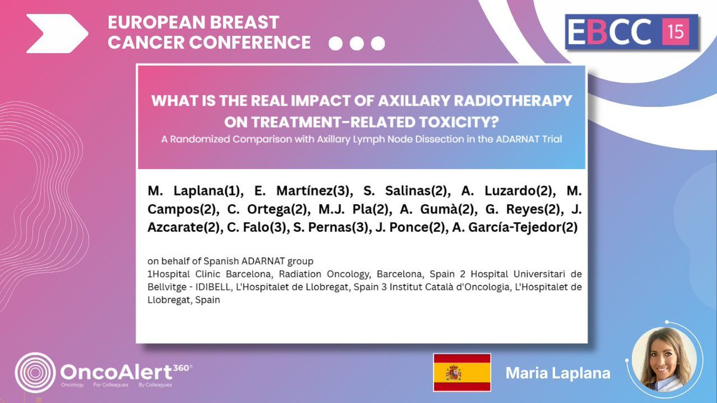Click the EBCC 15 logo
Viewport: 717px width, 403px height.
click(632, 32)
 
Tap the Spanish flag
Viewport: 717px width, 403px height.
click(461, 373)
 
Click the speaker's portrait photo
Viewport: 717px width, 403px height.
click(664, 359)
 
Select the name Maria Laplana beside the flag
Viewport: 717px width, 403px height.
click(557, 373)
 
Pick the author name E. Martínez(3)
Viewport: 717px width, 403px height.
click(253, 191)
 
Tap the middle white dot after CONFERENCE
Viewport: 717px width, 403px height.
click(357, 44)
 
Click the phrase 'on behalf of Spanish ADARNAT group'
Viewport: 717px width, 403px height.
click(231, 262)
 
